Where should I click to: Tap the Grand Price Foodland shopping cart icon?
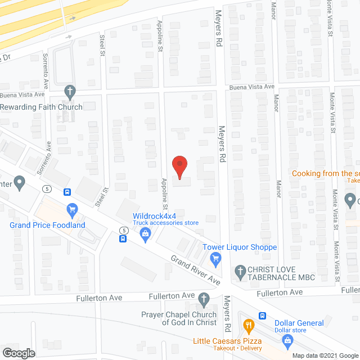[72, 211]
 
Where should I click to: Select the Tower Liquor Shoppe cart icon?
[214, 258]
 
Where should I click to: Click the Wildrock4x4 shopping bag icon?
[145, 238]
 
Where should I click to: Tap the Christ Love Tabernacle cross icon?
[240, 272]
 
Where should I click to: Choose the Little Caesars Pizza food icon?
[248, 325]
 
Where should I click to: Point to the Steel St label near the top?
[103, 46]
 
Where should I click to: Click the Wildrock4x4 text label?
[155, 215]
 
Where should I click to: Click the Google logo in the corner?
[18, 353]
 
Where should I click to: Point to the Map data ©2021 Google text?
[325, 355]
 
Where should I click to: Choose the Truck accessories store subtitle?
[165, 223]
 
